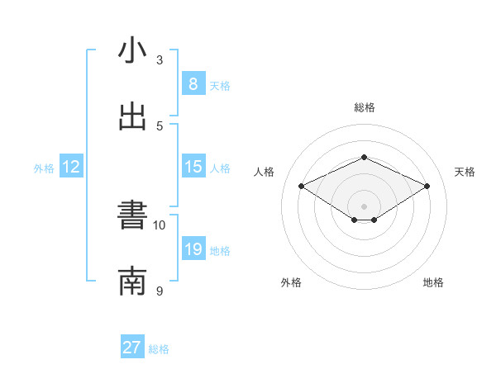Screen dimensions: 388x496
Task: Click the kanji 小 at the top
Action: tap(132, 51)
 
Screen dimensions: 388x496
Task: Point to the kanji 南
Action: tap(132, 282)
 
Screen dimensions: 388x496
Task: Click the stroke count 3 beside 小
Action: tap(160, 60)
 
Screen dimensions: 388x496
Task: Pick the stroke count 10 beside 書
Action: tap(160, 225)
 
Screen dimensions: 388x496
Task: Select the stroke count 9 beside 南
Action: tap(160, 291)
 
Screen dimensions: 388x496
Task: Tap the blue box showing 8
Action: tap(193, 83)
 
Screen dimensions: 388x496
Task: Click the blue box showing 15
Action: tap(193, 167)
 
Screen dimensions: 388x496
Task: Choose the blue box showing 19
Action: tap(193, 249)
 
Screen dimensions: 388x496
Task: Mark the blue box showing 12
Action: tap(71, 167)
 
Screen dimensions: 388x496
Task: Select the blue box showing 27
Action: tap(132, 348)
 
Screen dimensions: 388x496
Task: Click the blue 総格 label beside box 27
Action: tap(159, 349)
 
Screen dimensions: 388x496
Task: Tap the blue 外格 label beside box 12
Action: tap(44, 168)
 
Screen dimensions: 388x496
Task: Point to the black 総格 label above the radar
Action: tap(364, 107)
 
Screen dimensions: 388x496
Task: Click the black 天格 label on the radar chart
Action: tap(465, 172)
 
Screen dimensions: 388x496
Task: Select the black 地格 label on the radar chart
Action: tap(433, 283)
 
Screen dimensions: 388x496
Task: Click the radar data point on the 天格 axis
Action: tap(427, 187)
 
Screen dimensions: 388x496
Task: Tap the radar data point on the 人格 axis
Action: tap(302, 187)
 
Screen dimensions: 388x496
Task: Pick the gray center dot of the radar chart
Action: tap(364, 206)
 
